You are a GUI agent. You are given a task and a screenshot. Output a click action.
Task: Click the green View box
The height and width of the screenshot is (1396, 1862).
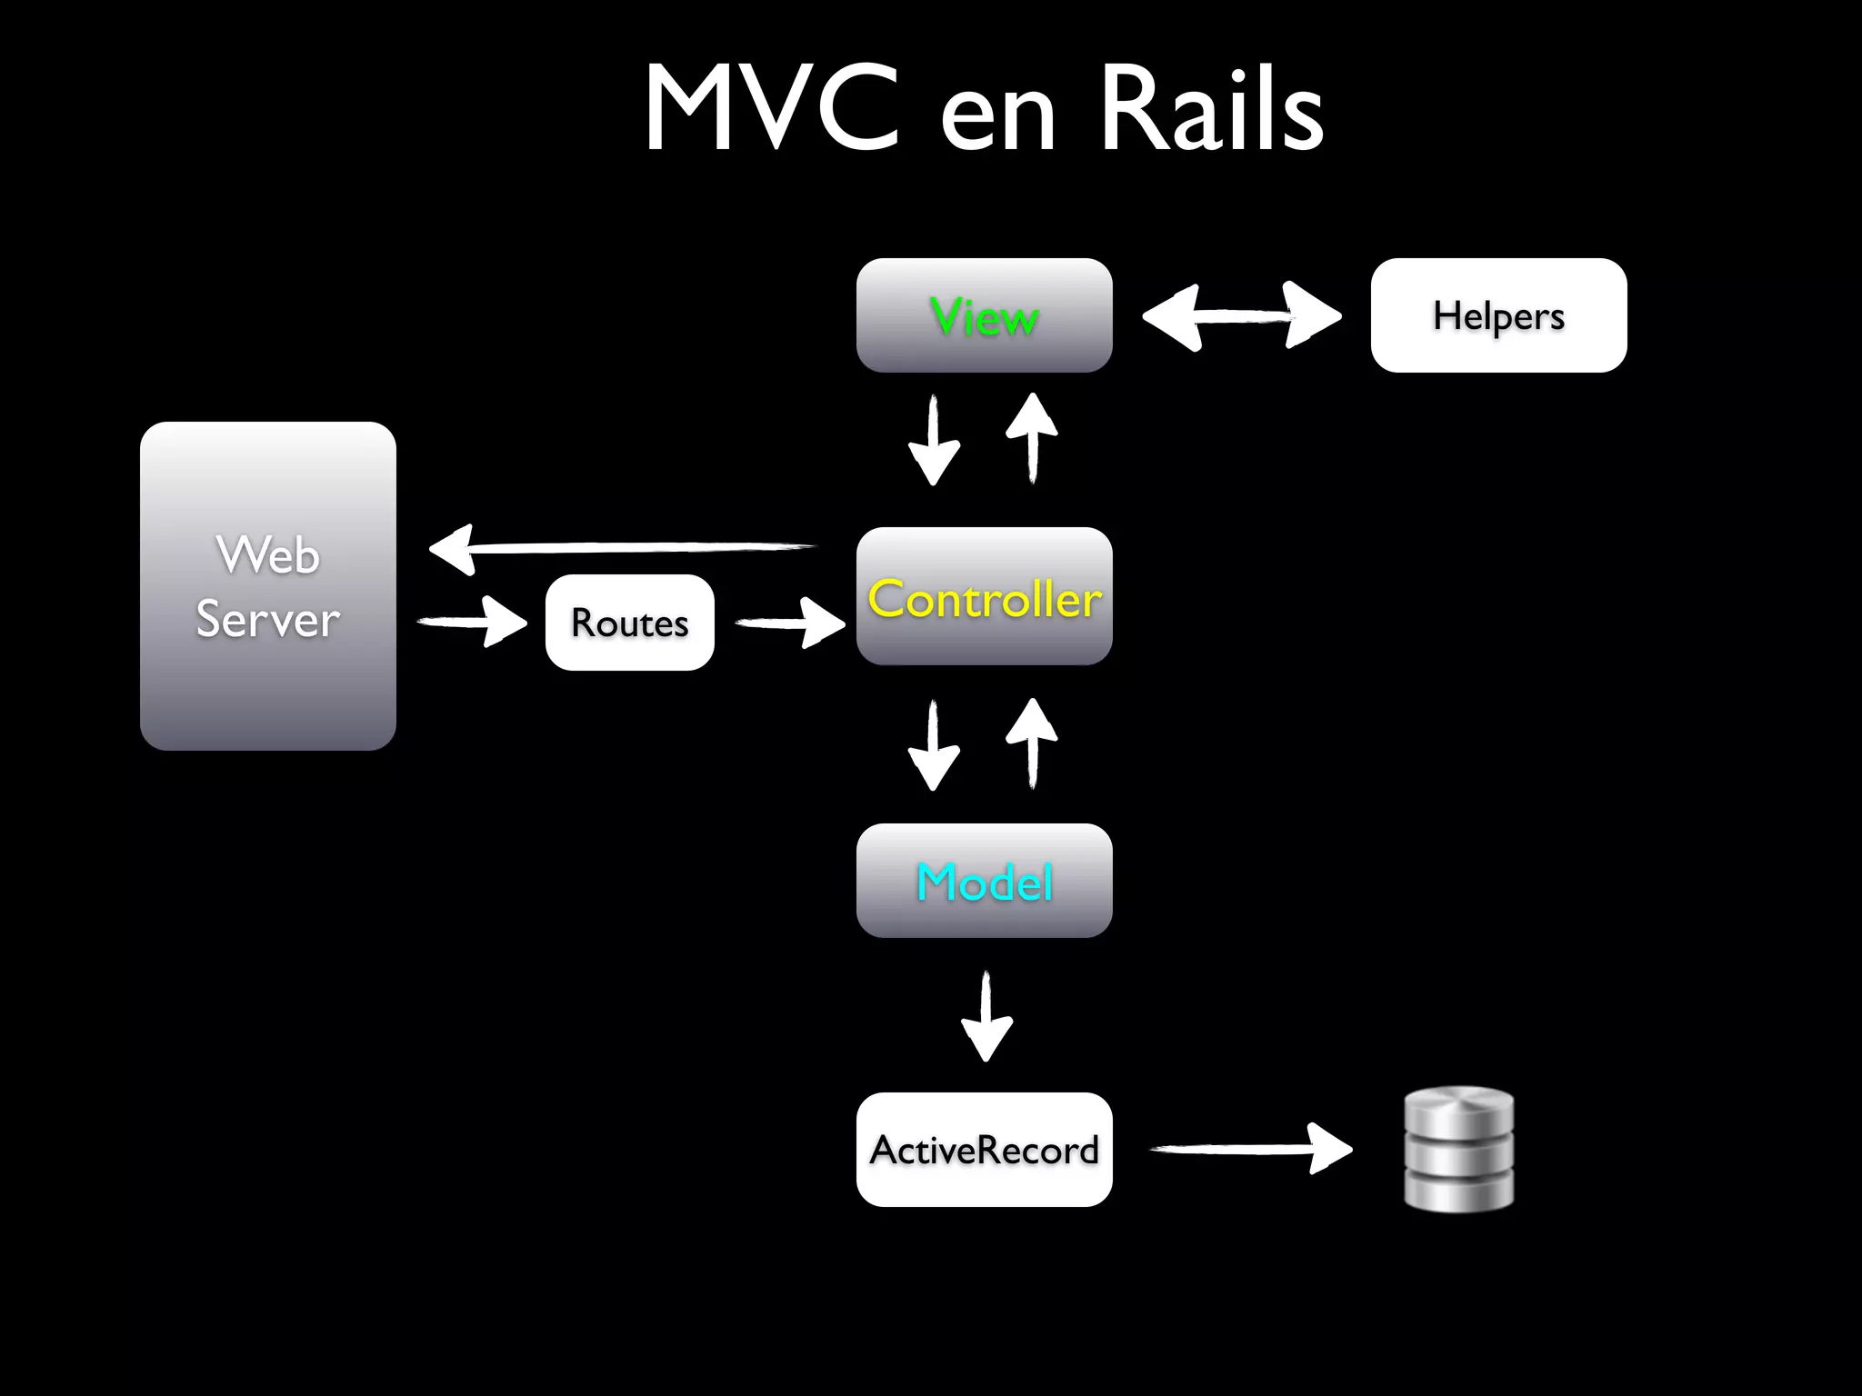click(984, 315)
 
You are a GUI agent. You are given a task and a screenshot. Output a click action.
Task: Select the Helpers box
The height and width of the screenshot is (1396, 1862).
click(1497, 315)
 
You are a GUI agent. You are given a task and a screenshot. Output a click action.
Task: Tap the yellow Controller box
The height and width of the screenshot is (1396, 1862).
click(984, 597)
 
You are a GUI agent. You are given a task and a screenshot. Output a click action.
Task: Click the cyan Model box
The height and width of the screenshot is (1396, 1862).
click(984, 881)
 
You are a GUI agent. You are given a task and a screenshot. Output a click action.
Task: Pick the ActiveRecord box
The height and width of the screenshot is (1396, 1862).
click(984, 1150)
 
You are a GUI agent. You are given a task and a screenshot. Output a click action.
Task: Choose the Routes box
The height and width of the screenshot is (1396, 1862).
click(629, 623)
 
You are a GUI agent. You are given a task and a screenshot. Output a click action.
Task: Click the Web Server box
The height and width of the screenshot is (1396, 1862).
click(267, 586)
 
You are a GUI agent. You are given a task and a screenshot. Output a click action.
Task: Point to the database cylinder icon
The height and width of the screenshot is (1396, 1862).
click(1458, 1149)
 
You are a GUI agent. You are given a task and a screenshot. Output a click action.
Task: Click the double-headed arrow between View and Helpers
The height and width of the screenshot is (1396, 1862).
click(1241, 315)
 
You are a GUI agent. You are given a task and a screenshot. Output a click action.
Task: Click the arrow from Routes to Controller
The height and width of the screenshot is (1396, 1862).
click(789, 623)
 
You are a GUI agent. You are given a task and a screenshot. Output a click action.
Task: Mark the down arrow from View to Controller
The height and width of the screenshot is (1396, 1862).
click(934, 441)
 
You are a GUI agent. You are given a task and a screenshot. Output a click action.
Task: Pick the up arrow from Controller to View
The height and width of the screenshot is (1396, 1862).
click(1032, 438)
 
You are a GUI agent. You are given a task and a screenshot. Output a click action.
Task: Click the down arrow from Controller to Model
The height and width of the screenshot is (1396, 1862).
click(934, 745)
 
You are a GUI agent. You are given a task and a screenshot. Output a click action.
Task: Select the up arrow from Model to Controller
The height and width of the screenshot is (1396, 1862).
click(1032, 743)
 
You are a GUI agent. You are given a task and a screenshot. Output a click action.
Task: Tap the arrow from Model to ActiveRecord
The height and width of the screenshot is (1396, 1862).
click(986, 1016)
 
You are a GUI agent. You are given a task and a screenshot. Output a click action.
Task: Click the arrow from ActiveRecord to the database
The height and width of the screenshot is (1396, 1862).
click(1251, 1149)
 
